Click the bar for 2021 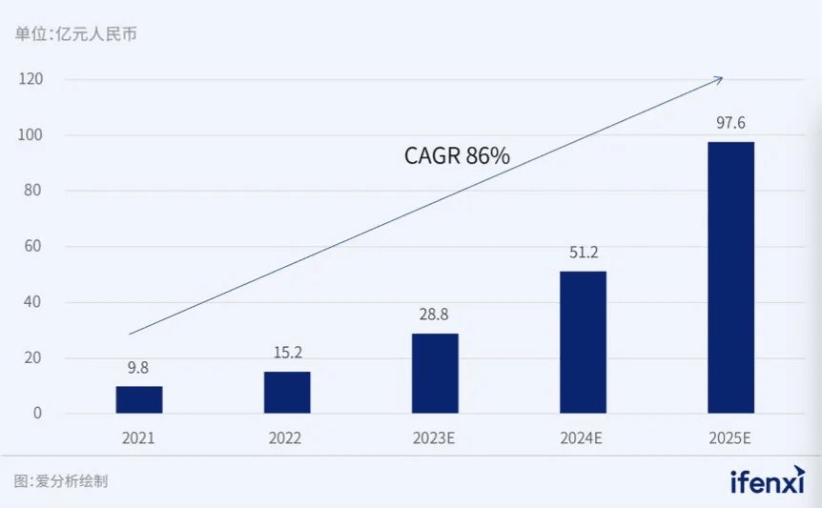(x=139, y=399)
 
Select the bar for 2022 (x=287, y=392)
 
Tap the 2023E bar (x=435, y=373)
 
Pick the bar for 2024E (x=583, y=342)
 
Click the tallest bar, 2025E (x=730, y=277)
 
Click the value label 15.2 (x=287, y=353)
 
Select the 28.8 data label (x=435, y=315)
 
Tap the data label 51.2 (x=583, y=253)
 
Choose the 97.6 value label (x=730, y=123)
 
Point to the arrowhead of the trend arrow (x=720, y=79)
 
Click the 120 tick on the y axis (x=31, y=79)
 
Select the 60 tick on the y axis (x=35, y=247)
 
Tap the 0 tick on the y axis (x=39, y=414)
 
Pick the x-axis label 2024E (x=583, y=438)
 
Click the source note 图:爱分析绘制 (x=62, y=481)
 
